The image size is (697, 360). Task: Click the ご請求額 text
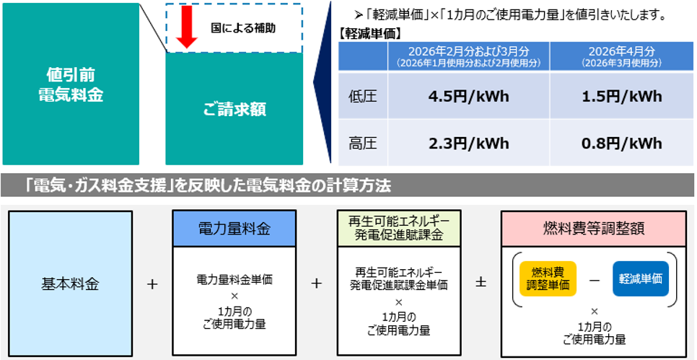pos(234,110)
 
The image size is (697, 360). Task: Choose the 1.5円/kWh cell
pos(621,97)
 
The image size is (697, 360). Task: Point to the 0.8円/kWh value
pos(621,143)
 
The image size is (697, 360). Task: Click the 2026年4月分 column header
pos(621,56)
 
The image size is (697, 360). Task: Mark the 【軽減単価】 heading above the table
pos(369,33)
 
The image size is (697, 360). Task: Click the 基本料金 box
pos(70,283)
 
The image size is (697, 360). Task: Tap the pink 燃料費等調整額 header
pos(593,229)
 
